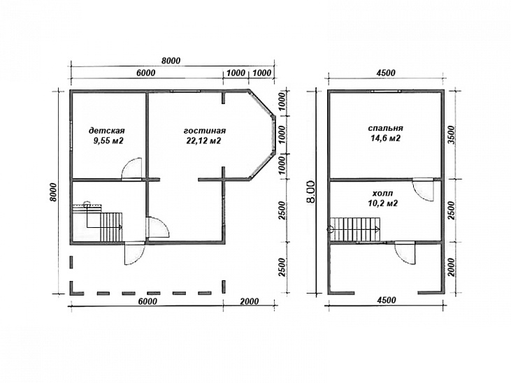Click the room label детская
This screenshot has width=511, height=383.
[x=106, y=131]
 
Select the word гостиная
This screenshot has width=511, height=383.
[x=205, y=131]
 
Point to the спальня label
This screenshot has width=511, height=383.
[x=386, y=128]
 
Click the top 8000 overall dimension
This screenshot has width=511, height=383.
[x=171, y=61]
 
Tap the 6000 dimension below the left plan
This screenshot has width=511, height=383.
[x=147, y=301]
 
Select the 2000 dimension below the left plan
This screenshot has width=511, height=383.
[x=250, y=301]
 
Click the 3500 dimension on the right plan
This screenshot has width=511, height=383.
[x=452, y=134]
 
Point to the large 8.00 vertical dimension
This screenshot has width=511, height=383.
[x=311, y=191]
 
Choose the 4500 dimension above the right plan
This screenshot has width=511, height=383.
[x=386, y=73]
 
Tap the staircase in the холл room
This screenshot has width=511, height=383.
[x=355, y=229]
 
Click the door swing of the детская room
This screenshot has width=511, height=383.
[x=131, y=168]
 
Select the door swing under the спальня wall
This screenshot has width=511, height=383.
[x=423, y=189]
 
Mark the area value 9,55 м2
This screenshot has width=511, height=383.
[x=108, y=140]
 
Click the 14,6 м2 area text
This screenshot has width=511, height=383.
[x=386, y=138]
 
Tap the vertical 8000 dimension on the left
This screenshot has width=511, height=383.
[x=53, y=193]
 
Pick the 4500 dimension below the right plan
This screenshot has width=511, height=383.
[x=386, y=300]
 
